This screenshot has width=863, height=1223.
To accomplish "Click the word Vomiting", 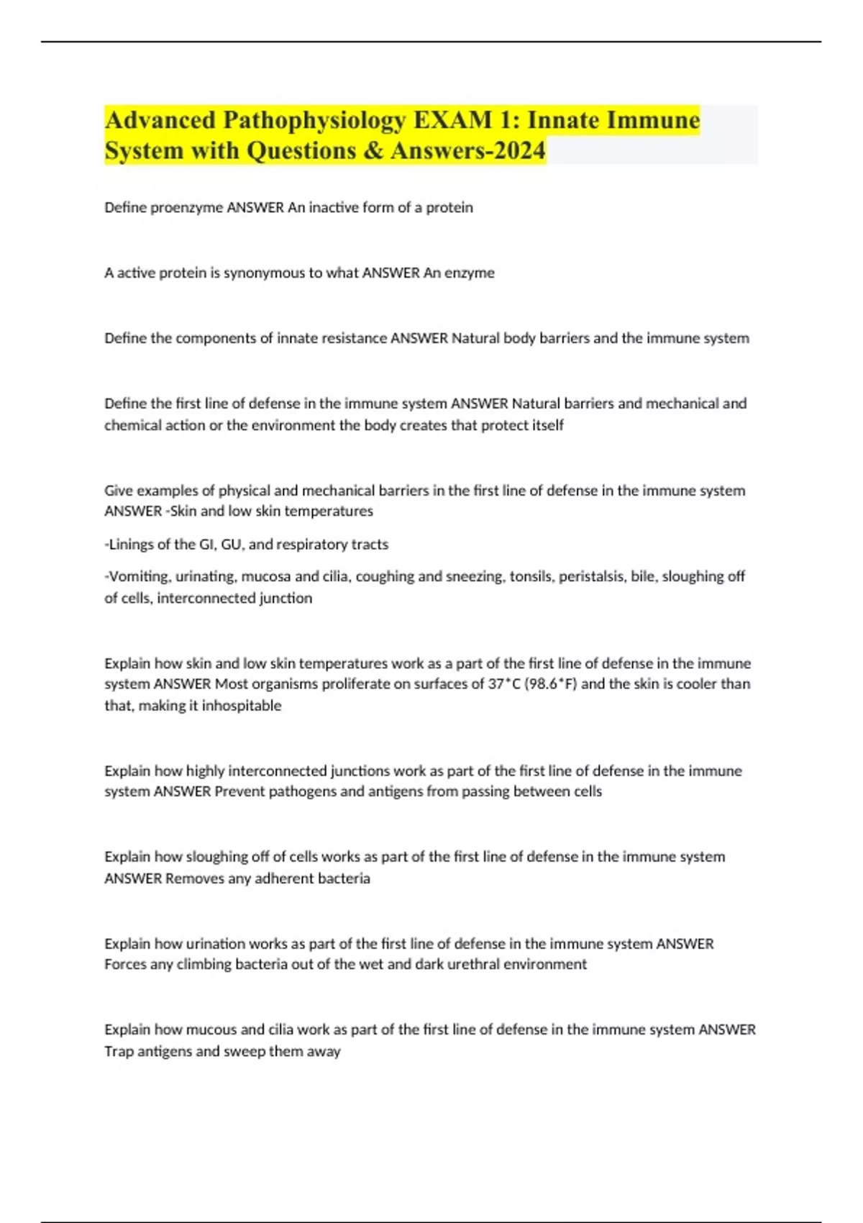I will (137, 576).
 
